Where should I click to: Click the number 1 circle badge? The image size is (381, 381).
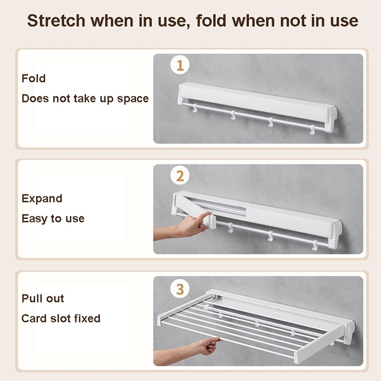click(x=180, y=66)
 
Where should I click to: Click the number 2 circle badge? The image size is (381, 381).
click(x=180, y=176)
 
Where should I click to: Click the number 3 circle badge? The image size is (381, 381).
click(x=180, y=289)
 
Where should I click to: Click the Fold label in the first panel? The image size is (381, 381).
click(x=33, y=79)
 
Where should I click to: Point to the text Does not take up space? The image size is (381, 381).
click(x=85, y=99)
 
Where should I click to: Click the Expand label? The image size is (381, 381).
click(x=42, y=199)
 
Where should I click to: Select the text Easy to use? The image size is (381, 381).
click(x=53, y=218)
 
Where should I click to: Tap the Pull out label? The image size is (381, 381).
click(x=43, y=298)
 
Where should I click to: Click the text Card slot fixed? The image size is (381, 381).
click(x=61, y=318)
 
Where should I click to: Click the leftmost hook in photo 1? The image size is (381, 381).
click(x=194, y=108)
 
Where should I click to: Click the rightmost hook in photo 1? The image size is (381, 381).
click(x=313, y=130)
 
